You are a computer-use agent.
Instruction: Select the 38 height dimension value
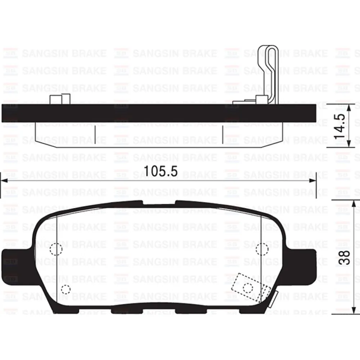click(x=345, y=257)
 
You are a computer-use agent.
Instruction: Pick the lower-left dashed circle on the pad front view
click(x=65, y=289)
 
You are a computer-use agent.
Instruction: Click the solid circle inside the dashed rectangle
click(x=248, y=287)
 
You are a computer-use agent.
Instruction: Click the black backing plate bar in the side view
click(x=158, y=113)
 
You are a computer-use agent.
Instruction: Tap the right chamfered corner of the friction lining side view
click(x=274, y=141)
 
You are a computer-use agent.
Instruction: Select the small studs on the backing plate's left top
click(x=59, y=99)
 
